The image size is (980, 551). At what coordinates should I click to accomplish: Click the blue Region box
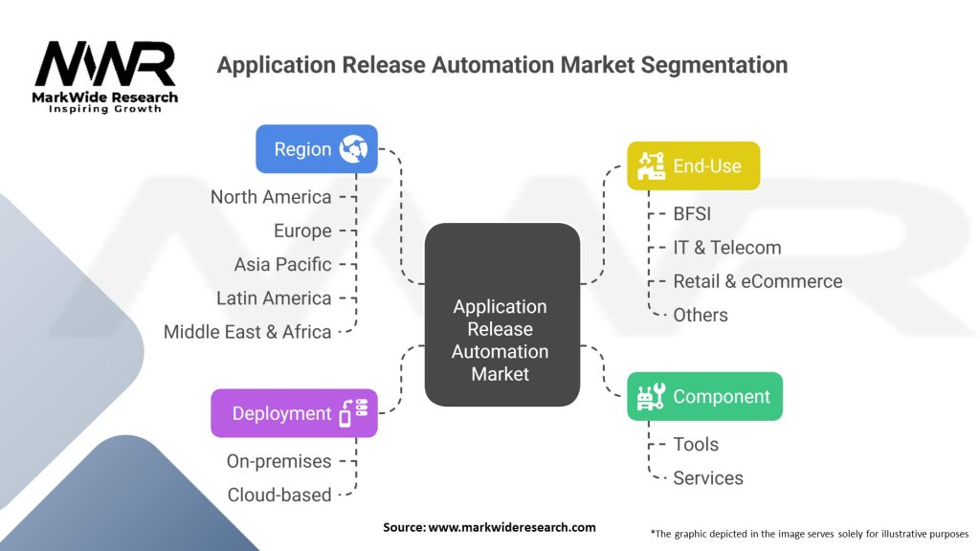pos(316,149)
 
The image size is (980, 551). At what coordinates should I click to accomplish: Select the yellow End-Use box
pos(693,166)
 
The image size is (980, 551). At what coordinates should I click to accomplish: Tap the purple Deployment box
pos(294,413)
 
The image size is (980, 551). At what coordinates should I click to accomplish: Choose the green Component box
pos(704,396)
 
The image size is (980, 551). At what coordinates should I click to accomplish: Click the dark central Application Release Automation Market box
pos(501,341)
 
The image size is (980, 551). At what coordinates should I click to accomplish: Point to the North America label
pos(271,197)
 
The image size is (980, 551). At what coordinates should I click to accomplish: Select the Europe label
pos(302,231)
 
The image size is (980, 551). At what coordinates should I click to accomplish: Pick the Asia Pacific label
pos(283,264)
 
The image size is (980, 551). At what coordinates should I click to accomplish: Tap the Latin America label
pos(274,298)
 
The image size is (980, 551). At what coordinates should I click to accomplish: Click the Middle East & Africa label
pos(248,332)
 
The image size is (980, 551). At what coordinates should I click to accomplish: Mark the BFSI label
pos(692,214)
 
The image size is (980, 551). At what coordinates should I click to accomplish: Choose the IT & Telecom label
pos(726,248)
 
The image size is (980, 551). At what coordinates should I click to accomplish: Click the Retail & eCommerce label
pos(757,281)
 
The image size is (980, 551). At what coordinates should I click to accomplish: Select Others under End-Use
pos(701,315)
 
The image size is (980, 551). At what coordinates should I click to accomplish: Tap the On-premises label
pos(278,461)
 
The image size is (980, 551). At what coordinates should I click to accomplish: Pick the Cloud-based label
pos(279,495)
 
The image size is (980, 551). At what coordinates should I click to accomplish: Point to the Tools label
pos(696,444)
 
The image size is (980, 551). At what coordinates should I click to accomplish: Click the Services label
pos(708,477)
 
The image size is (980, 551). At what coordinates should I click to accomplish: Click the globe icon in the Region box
pos(355,149)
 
